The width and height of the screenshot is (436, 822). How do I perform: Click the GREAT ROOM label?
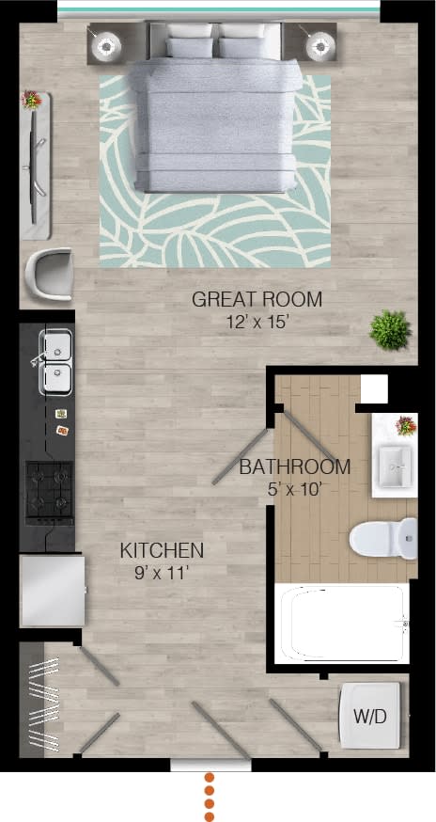[x=257, y=300]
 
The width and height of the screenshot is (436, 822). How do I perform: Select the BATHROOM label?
[x=294, y=466]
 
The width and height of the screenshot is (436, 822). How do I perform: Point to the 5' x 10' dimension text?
[x=294, y=487]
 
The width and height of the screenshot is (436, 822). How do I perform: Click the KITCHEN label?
[x=162, y=550]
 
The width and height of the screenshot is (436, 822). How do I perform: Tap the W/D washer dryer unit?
[x=370, y=717]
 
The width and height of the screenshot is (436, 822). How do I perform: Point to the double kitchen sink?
[x=56, y=362]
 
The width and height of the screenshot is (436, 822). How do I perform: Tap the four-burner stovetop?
[x=49, y=491]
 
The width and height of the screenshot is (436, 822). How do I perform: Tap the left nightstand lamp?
[x=106, y=43]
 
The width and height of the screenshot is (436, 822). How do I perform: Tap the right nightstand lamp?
[x=320, y=43]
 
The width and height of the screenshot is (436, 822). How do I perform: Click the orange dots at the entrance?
[x=210, y=797]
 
